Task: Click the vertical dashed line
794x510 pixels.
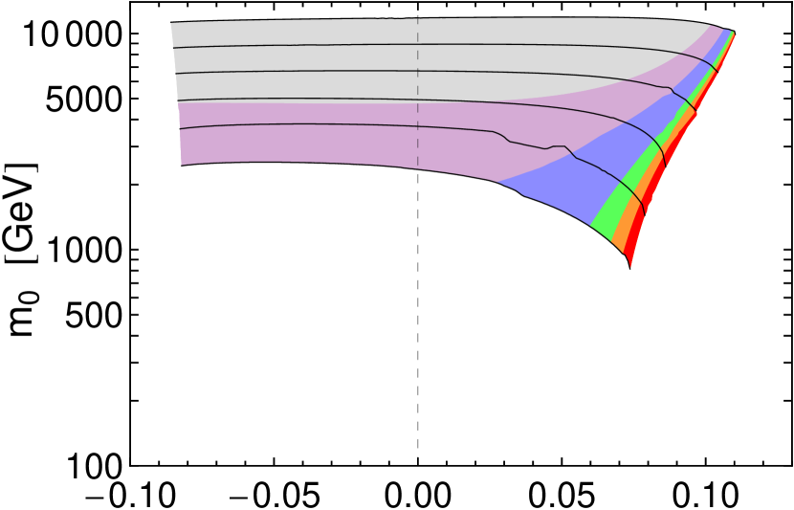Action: [417, 86]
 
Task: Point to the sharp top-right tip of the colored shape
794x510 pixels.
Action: [734, 33]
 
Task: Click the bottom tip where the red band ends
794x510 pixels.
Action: [630, 267]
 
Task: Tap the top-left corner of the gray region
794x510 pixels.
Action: [171, 24]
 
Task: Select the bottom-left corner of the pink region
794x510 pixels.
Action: [182, 165]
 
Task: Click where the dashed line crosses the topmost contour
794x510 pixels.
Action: [417, 44]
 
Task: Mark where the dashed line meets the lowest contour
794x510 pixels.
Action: [417, 125]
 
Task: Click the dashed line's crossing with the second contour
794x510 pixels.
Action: [417, 71]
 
